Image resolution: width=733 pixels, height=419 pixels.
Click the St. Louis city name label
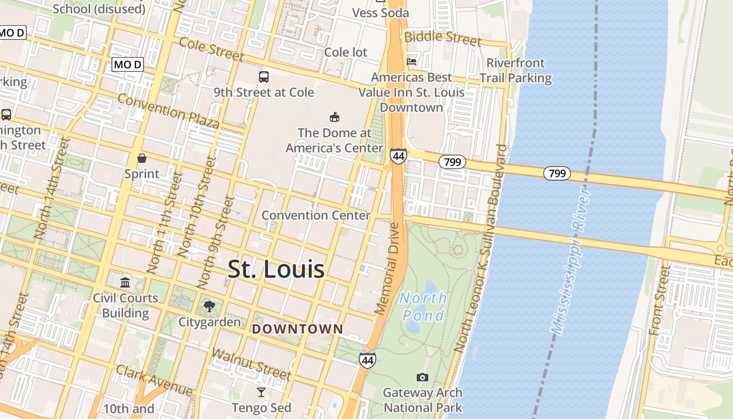[276, 269]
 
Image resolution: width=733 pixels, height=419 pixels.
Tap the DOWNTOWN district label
[297, 329]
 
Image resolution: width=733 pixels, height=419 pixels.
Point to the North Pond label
[424, 306]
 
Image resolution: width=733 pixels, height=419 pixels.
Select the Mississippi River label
[571, 262]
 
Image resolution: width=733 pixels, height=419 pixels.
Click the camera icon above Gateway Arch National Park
[422, 377]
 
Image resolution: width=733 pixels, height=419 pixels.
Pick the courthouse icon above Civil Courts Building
[125, 283]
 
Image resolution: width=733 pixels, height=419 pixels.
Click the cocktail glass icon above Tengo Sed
[261, 392]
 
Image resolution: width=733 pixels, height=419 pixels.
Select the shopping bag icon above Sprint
[141, 158]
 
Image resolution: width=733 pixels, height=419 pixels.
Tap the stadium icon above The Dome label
[335, 117]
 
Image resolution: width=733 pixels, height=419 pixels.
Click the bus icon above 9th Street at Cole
[264, 77]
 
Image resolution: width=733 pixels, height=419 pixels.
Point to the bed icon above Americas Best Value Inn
[412, 62]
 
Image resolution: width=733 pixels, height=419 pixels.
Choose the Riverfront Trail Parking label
[516, 70]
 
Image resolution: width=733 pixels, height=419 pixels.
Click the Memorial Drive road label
[388, 268]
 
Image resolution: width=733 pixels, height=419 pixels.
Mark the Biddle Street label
[442, 37]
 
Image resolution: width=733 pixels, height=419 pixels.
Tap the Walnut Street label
[251, 363]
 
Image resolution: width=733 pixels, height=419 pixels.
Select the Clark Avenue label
[154, 381]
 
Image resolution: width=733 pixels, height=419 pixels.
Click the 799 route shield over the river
[557, 173]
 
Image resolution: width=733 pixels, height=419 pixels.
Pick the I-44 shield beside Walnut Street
[368, 360]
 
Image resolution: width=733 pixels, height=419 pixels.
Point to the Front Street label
[659, 300]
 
